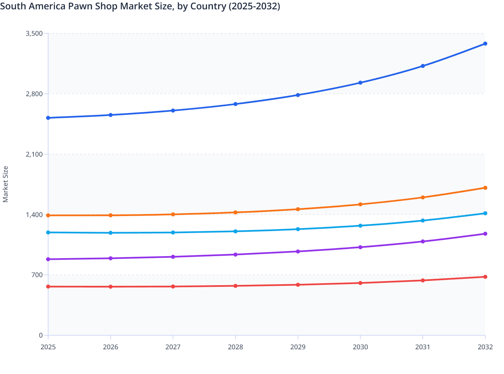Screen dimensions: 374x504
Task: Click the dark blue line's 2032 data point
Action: click(x=485, y=44)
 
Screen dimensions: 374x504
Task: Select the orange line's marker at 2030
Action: click(x=360, y=204)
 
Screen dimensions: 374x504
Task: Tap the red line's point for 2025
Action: click(x=48, y=287)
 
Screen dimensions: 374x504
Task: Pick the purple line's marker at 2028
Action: click(x=235, y=254)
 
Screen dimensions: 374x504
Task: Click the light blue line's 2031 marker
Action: click(x=423, y=220)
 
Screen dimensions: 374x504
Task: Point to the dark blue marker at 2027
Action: click(x=173, y=111)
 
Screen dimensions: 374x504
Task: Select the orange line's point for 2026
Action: click(x=111, y=215)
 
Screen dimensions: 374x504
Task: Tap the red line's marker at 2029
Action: click(x=298, y=285)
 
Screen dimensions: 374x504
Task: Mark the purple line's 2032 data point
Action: click(x=485, y=234)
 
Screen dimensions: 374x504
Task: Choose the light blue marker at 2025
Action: click(x=48, y=232)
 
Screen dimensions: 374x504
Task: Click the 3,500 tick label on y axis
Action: click(x=34, y=33)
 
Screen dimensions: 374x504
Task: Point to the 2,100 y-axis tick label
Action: click(x=34, y=154)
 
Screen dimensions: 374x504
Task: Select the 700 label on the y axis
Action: click(x=37, y=275)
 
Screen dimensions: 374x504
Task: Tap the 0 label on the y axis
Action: click(x=41, y=335)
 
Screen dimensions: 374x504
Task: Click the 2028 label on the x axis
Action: click(x=235, y=347)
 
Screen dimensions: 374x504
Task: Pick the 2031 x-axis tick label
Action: click(x=423, y=347)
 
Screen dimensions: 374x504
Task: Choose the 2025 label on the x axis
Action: click(x=48, y=347)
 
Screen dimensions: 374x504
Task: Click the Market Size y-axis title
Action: click(x=5, y=184)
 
